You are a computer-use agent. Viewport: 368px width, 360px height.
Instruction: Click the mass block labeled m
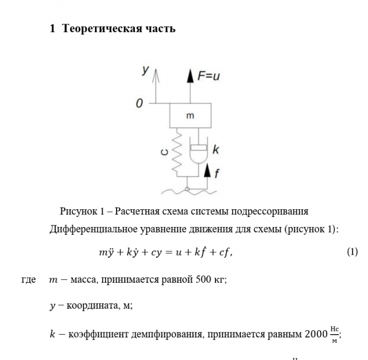190,117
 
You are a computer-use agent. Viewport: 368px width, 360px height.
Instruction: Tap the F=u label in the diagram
208,76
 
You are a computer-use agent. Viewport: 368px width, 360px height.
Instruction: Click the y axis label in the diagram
145,70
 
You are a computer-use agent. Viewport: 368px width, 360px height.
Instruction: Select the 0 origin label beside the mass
140,103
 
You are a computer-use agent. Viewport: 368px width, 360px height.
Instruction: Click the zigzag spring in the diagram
178,152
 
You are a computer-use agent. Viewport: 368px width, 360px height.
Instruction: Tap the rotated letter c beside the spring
164,151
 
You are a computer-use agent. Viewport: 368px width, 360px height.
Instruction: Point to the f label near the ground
217,173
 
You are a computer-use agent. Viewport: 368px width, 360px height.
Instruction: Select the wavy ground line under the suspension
188,190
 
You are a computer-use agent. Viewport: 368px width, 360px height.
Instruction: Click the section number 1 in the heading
52,29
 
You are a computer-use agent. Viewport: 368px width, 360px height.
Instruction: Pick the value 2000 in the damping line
315,335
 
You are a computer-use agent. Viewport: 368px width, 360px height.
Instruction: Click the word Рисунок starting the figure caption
78,211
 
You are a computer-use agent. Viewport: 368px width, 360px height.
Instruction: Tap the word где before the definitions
29,279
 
